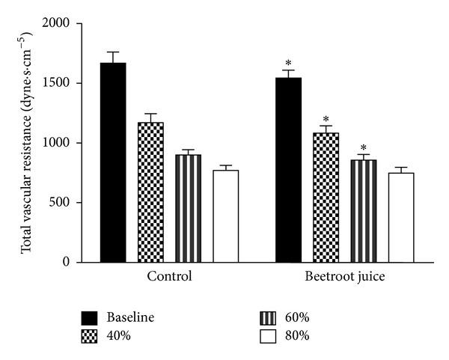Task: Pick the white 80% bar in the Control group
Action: tap(225, 216)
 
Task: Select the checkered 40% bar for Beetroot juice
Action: tap(326, 198)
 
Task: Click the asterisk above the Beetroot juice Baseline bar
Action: tap(288, 63)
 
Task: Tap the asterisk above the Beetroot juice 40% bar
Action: tap(326, 119)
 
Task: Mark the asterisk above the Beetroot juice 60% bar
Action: tap(363, 147)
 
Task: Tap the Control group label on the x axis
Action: tap(169, 276)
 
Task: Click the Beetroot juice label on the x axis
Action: tap(344, 276)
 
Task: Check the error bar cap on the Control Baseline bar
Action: tap(113, 52)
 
